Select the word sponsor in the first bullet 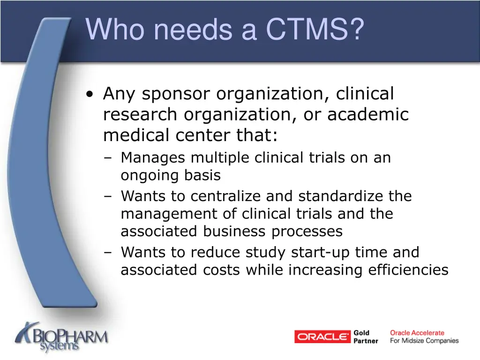click(176, 94)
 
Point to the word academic click(368, 115)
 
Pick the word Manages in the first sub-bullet click(153, 158)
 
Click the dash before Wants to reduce click(108, 253)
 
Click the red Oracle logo click(322, 337)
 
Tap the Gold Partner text click(366, 337)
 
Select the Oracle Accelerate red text click(417, 333)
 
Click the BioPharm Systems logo click(61, 337)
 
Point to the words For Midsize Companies click(424, 341)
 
